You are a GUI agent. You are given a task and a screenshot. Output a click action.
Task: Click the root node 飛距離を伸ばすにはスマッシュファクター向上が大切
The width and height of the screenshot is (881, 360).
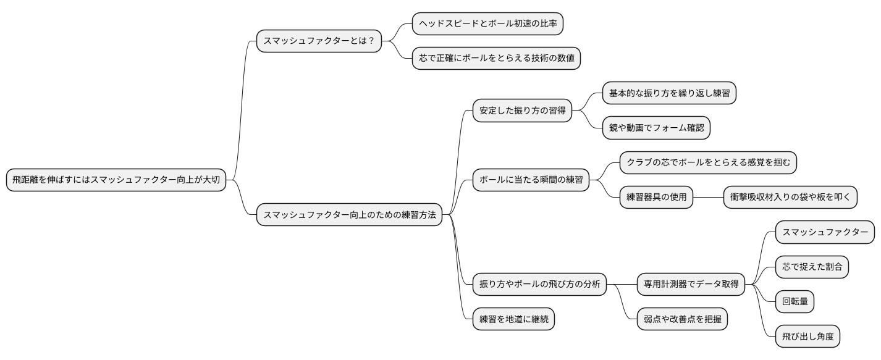coord(117,180)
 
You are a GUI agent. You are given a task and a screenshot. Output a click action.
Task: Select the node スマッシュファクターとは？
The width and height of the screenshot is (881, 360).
coord(319,41)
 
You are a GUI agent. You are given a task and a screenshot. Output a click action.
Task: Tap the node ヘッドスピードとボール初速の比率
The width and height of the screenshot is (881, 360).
coord(488,24)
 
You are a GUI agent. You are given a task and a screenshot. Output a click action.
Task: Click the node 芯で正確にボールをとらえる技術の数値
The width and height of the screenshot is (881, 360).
coord(496,59)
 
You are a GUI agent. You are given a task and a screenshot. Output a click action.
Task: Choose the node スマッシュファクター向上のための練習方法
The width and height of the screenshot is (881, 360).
coord(350,215)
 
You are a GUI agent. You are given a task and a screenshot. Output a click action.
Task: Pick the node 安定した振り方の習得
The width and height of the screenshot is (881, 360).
coord(522,111)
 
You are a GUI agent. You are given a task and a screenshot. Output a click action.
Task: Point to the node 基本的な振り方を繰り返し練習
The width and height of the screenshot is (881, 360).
coord(670,94)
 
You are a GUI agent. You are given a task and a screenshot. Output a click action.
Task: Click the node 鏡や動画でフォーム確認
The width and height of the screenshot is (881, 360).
coord(656,128)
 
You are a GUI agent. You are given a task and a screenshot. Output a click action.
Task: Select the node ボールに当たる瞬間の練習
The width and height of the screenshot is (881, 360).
coord(531,180)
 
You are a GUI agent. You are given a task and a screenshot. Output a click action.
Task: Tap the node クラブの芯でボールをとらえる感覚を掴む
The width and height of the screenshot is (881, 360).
coord(708,163)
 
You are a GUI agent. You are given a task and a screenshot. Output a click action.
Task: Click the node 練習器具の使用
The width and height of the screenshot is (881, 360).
coord(656,198)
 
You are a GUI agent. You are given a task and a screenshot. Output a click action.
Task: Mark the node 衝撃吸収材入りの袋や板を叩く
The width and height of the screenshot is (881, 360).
coord(790,198)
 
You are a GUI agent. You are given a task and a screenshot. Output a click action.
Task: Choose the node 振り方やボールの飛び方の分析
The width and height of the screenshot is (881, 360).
coord(539,285)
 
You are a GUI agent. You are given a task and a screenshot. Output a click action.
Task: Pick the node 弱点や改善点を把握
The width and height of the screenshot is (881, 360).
coord(682,319)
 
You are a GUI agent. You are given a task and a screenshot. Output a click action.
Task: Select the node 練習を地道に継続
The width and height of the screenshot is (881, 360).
coord(513,319)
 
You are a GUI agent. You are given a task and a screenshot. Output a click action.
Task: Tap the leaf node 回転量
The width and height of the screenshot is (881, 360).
coord(795,302)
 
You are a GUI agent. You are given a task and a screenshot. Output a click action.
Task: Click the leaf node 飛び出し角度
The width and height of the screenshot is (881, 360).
coord(807,337)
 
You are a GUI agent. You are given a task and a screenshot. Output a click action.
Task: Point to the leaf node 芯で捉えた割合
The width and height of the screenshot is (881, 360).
coord(812,267)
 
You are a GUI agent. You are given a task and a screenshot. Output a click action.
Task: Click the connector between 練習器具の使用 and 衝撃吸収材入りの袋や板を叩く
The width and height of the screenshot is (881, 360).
coord(708,198)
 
